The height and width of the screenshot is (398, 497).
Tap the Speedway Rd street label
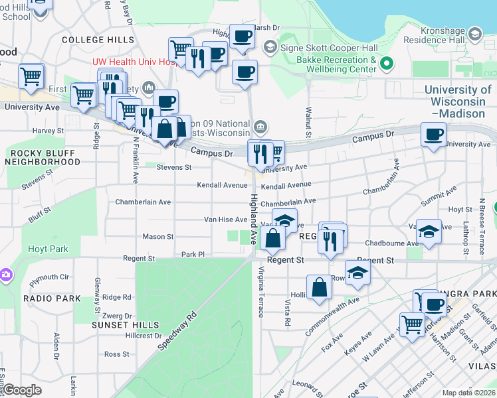point(177,331)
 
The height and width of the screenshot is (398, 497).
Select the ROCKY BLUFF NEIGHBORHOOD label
point(46,157)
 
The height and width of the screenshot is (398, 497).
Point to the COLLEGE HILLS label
point(98,40)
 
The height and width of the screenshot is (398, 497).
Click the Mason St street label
point(158,236)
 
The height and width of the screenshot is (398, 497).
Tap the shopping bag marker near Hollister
point(319,288)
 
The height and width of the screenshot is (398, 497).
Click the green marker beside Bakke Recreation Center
point(386,64)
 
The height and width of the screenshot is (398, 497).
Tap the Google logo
point(23,391)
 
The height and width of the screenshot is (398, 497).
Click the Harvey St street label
point(47,131)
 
